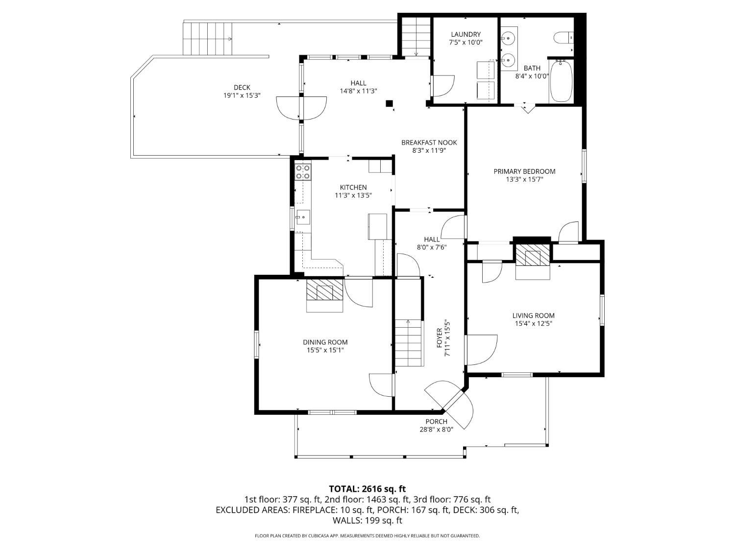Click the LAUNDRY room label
coord(465,34)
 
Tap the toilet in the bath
coord(563,38)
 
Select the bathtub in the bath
coord(561,81)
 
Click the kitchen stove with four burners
coord(302,172)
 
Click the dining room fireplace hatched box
coord(324,289)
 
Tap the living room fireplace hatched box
coord(532,255)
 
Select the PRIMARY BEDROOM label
coord(524,171)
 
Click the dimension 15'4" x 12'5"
coord(533,323)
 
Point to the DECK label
coord(242,87)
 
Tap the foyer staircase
coord(409,342)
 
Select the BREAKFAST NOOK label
coord(429,143)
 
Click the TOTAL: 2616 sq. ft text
coord(367,489)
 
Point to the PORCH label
coord(436,422)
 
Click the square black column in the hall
coord(389,103)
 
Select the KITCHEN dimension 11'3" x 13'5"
coord(353,195)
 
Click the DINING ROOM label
coord(325,342)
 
